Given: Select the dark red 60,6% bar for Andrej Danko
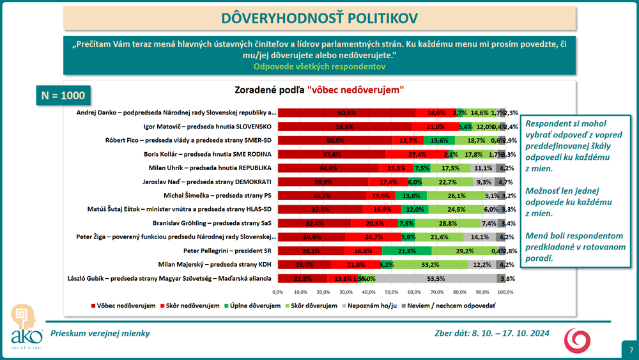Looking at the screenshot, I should click(x=346, y=112).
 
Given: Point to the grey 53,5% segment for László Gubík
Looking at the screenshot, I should click(x=436, y=278).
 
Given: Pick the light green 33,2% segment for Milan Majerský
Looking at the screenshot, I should click(x=429, y=265).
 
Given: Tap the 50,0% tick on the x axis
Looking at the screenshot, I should click(x=392, y=292).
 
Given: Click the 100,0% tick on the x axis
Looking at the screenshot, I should click(x=505, y=292).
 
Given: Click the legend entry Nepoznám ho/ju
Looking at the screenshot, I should click(x=374, y=306).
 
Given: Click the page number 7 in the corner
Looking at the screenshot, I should click(x=631, y=350).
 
